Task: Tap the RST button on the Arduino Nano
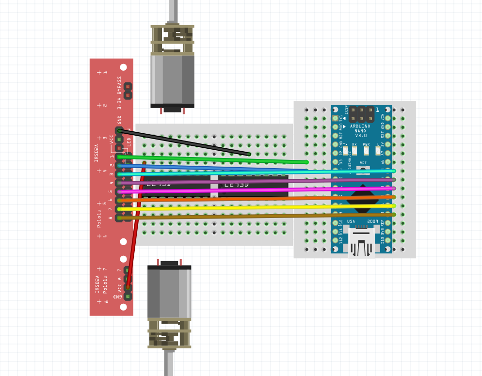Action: [363, 170]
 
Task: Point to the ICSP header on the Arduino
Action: [362, 114]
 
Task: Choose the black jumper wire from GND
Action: [184, 142]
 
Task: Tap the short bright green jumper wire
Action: [213, 159]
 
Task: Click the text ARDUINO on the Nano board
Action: [360, 126]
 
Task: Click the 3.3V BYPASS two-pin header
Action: [128, 90]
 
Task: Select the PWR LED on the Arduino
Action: [366, 151]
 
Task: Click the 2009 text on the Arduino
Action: [372, 221]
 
